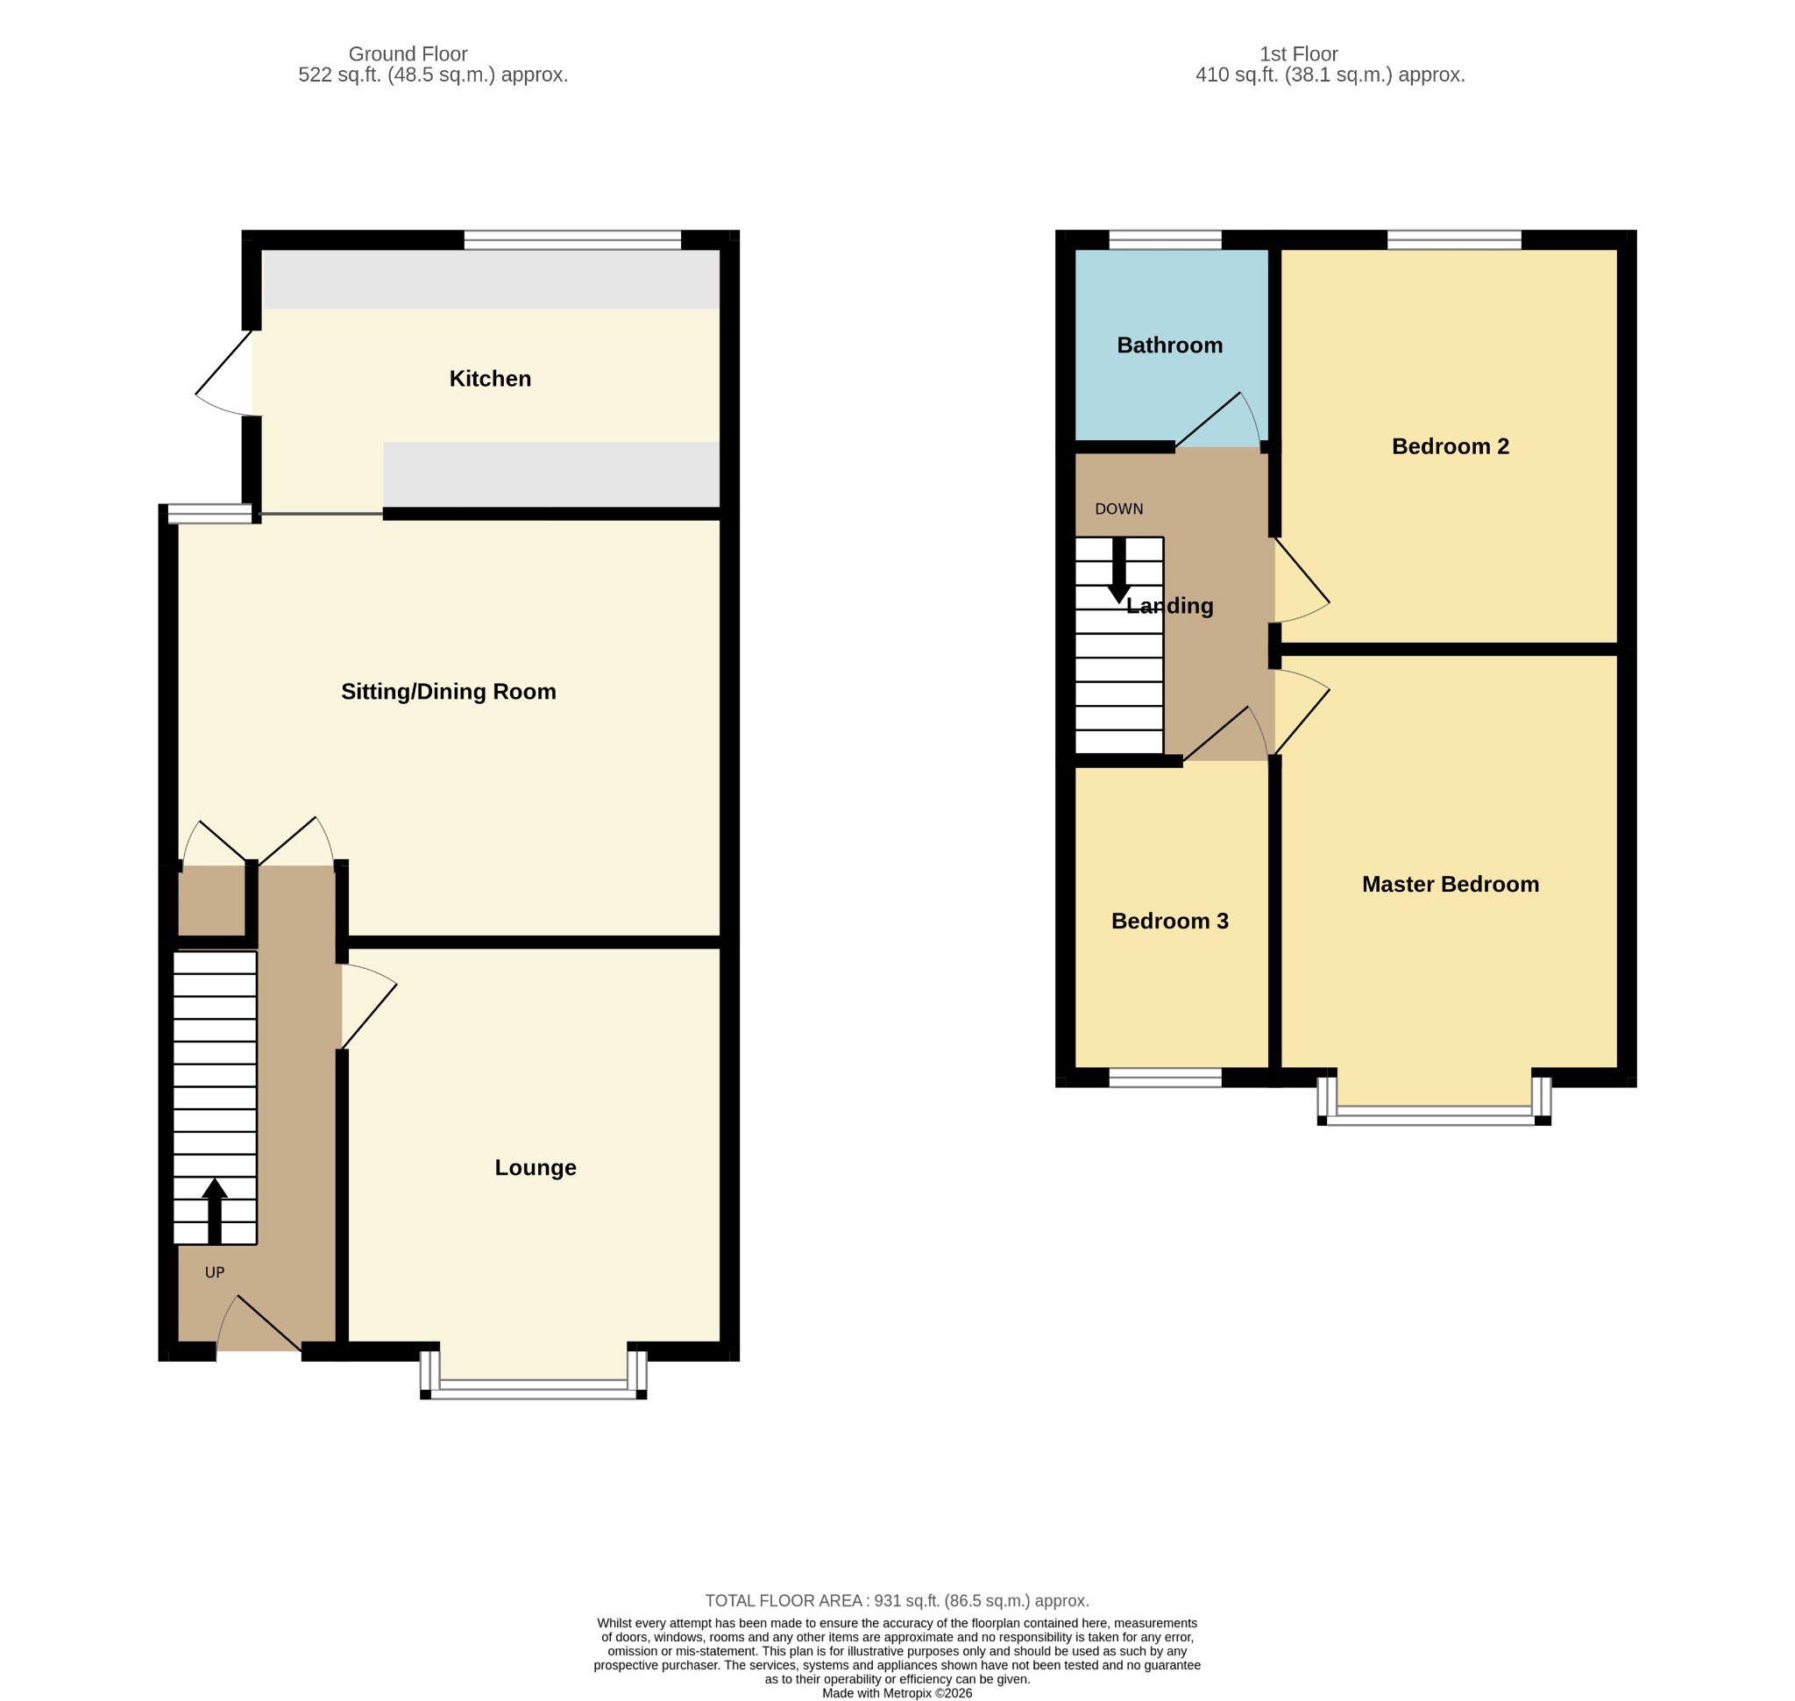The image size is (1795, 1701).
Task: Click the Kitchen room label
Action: coord(490,378)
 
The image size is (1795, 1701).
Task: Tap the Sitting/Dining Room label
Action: coord(448,692)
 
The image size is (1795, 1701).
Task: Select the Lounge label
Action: coord(535,1167)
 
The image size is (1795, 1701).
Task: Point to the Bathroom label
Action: coord(1169,345)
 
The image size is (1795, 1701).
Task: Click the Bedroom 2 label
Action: coord(1450,446)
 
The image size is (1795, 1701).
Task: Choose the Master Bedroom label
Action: coord(1450,884)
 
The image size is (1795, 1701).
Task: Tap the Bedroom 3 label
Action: coord(1169,922)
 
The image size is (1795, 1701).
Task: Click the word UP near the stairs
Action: coord(215,1272)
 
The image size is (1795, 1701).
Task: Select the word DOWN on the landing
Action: coord(1118,509)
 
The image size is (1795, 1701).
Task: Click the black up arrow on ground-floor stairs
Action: coord(215,1211)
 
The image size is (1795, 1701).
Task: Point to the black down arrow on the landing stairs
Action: coord(1118,570)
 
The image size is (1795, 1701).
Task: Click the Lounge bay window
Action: coord(533,1376)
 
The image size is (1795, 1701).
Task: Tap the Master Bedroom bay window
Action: coord(1433,1101)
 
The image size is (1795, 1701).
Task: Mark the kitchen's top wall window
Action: coord(572,240)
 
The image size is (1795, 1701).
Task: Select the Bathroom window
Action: coord(1165,240)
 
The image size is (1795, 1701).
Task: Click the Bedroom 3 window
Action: coord(1165,1078)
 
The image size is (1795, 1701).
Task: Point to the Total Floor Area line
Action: coord(897,1600)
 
